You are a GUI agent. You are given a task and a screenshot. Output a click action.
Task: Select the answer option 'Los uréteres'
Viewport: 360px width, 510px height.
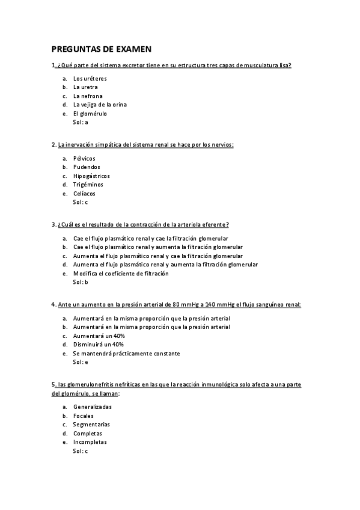click(90, 79)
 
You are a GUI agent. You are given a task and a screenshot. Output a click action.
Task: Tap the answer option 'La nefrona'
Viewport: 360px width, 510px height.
click(88, 96)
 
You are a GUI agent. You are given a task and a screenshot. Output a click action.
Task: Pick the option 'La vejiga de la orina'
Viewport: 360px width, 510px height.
click(100, 105)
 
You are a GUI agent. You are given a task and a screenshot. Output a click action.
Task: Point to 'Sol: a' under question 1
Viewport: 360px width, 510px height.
click(81, 122)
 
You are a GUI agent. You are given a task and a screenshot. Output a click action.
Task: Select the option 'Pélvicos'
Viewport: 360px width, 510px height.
click(84, 158)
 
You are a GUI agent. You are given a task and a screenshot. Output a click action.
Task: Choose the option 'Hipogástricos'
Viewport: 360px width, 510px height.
click(91, 176)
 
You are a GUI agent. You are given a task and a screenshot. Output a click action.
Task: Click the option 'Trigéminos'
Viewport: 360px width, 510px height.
click(88, 185)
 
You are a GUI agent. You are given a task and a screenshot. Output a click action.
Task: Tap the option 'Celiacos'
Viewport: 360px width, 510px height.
click(84, 194)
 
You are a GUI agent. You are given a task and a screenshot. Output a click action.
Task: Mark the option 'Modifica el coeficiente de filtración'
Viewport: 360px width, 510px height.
click(121, 274)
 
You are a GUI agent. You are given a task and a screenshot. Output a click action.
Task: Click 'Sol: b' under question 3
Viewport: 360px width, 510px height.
click(81, 282)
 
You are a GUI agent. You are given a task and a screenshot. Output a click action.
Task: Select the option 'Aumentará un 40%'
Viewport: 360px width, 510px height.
click(99, 336)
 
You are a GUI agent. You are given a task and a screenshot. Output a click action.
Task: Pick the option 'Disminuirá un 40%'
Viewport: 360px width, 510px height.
click(98, 345)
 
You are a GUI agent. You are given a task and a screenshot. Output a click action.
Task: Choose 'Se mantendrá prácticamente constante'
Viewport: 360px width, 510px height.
click(126, 354)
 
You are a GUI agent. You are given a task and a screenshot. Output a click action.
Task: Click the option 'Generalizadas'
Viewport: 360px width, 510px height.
click(92, 407)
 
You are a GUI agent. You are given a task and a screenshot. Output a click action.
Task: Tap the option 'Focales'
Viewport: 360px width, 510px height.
click(83, 416)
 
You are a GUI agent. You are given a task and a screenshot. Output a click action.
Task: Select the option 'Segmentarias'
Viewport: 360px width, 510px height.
click(91, 425)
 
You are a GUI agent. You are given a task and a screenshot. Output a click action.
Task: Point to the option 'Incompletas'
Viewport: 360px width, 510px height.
click(90, 442)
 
